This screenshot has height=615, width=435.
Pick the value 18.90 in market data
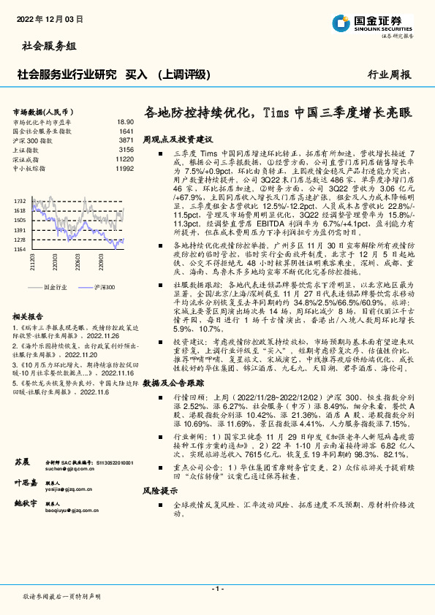[x=125, y=122]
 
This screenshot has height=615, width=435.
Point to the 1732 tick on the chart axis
[x=20, y=201]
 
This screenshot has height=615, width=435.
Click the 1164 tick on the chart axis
[x=20, y=249]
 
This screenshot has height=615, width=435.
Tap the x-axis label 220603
[x=77, y=261]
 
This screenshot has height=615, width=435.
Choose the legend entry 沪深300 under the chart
[x=105, y=288]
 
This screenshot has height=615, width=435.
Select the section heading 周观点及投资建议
[x=177, y=138]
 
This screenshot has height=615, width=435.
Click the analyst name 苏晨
[x=21, y=462]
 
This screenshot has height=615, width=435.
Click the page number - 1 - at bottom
[x=217, y=588]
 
